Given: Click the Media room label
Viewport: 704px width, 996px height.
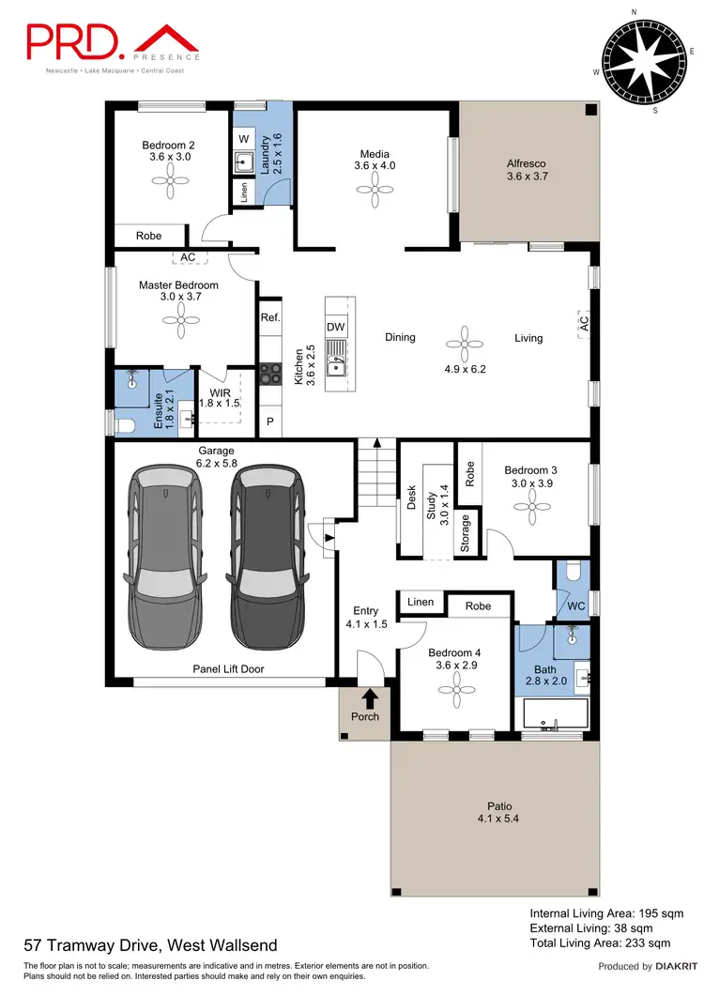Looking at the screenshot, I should pyautogui.click(x=374, y=154).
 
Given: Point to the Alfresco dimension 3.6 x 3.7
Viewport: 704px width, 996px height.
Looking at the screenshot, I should pyautogui.click(x=526, y=176).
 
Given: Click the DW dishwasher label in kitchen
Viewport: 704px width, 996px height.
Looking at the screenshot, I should pyautogui.click(x=336, y=326).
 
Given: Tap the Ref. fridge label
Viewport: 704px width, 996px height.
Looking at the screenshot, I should pyautogui.click(x=270, y=317).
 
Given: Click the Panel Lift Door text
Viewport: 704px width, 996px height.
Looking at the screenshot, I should pyautogui.click(x=228, y=668).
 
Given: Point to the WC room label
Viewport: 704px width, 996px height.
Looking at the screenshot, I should pyautogui.click(x=575, y=606).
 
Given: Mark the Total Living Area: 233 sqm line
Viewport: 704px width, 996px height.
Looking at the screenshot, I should pyautogui.click(x=600, y=942).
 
